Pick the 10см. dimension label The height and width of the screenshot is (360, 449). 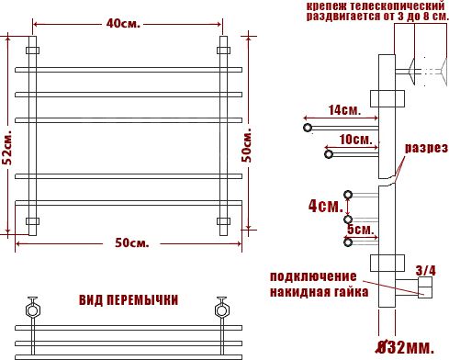coord(354,140)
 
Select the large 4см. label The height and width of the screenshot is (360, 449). coord(325,206)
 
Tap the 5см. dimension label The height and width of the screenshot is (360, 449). coord(360,228)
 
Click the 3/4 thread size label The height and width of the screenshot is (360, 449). coord(426,270)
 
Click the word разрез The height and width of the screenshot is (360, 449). coord(426,148)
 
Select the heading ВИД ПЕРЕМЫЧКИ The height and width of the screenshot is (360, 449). coord(129,300)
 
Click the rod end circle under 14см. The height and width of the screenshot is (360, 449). coord(308,126)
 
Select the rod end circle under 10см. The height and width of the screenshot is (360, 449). coord(328,153)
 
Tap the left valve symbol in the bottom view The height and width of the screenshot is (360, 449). coord(35,305)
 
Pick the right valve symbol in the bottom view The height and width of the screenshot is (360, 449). coord(221,305)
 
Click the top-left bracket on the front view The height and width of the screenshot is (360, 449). coord(33,50)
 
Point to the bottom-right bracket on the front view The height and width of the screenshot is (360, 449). coord(222,220)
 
